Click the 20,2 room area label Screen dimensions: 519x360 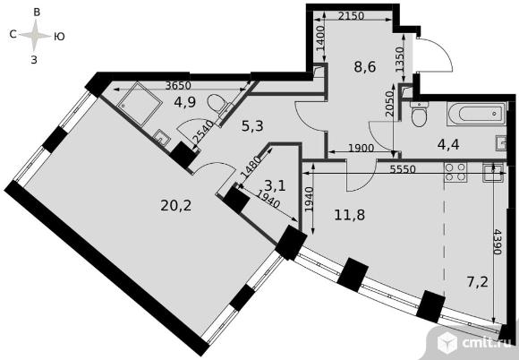click(176, 206)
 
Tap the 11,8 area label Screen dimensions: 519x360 click(350, 215)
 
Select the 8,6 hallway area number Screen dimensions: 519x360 click(365, 67)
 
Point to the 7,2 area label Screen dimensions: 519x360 click(477, 283)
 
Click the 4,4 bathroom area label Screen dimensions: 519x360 click(448, 145)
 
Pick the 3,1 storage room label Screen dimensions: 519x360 click(275, 185)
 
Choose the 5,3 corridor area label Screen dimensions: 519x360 click(252, 126)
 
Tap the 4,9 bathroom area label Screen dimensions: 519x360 click(185, 102)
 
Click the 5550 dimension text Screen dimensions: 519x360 click(402, 169)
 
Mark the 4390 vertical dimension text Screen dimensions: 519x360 click(498, 241)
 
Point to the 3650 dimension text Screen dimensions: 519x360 click(178, 86)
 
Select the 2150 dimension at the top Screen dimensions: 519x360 click(351, 15)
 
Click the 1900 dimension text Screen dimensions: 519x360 click(362, 148)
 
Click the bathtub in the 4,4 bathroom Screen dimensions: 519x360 click(477, 114)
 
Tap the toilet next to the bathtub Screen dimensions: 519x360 click(419, 115)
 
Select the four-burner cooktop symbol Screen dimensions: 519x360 click(455, 172)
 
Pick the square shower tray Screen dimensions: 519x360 click(139, 104)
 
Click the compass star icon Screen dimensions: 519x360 click(36, 36)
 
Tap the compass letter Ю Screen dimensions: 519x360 click(59, 37)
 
